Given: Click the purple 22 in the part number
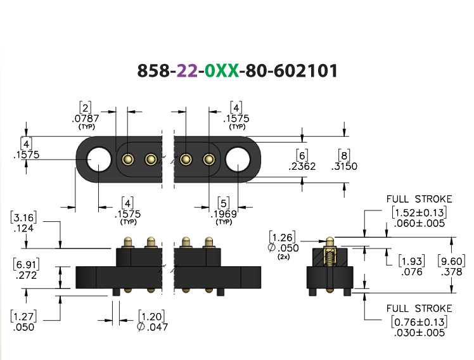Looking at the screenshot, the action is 188,71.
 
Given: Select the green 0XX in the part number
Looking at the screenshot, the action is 222,71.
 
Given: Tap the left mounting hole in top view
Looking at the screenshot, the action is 99,159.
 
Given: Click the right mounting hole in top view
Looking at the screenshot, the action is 238,159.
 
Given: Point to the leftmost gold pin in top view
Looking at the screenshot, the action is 128,159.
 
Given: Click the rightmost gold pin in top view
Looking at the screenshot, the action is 209,159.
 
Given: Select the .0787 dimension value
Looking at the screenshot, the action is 86,118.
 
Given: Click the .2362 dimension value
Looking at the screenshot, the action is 302,166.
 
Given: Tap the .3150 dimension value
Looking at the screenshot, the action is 344,166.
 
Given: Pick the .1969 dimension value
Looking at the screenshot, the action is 224,214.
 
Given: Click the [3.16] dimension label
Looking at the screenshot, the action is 23,217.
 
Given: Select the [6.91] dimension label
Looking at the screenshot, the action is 27,264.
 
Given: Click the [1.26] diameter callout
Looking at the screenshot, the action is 283,237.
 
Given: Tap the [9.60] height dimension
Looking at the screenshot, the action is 452,261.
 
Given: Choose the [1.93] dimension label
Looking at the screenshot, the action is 412,261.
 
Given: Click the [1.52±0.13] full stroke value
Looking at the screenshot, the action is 420,212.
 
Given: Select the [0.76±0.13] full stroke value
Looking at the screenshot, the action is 420,322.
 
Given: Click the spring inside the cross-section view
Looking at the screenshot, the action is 330,257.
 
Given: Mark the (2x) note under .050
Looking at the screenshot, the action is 283,257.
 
